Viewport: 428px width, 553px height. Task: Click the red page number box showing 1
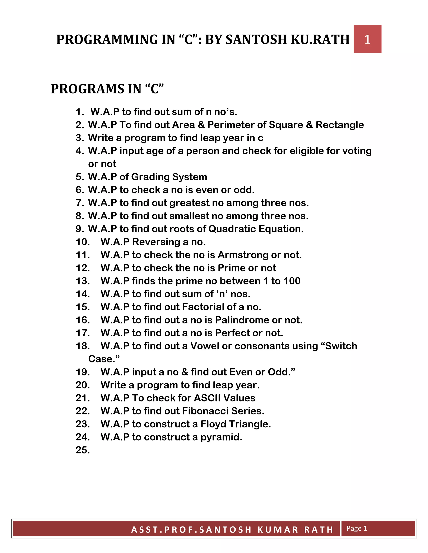click(367, 39)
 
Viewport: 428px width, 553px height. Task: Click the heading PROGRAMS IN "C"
click(107, 89)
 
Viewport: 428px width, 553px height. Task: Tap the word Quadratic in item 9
click(232, 229)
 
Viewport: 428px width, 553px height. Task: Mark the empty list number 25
click(83, 450)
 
